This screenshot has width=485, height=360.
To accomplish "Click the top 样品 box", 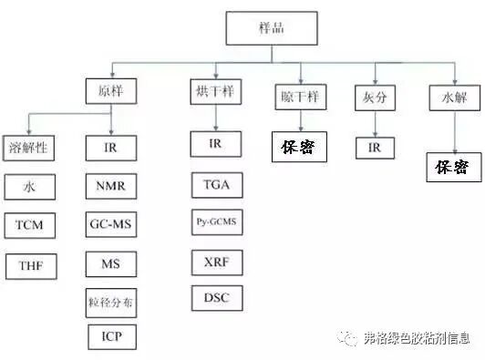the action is (272, 28).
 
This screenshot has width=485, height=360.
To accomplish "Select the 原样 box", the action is (111, 91).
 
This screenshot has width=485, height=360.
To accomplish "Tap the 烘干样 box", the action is (215, 91).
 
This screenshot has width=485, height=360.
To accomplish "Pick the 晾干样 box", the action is (301, 97).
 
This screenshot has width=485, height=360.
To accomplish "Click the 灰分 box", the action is (375, 98).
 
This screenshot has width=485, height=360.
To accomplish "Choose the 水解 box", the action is (455, 98).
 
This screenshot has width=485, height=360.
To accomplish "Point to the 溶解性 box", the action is (28, 148).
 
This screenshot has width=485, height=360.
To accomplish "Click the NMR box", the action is (111, 186).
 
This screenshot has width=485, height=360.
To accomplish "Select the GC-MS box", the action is (111, 224).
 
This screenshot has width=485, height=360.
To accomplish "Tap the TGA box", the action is (217, 185).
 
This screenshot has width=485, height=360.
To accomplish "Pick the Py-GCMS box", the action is (217, 222).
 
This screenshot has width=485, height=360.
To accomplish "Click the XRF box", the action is (217, 262).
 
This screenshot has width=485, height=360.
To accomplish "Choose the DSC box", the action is (217, 298).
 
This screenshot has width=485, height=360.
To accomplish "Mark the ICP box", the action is (112, 337).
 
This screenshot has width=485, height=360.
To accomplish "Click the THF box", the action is (31, 266).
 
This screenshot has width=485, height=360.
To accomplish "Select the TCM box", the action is (30, 225).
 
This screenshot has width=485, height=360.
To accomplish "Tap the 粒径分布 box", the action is (111, 303).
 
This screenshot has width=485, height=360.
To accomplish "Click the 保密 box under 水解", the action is (454, 167).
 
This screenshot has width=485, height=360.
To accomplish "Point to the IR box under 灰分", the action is (375, 149).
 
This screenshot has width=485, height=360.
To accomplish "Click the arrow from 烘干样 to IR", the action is (216, 118).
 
